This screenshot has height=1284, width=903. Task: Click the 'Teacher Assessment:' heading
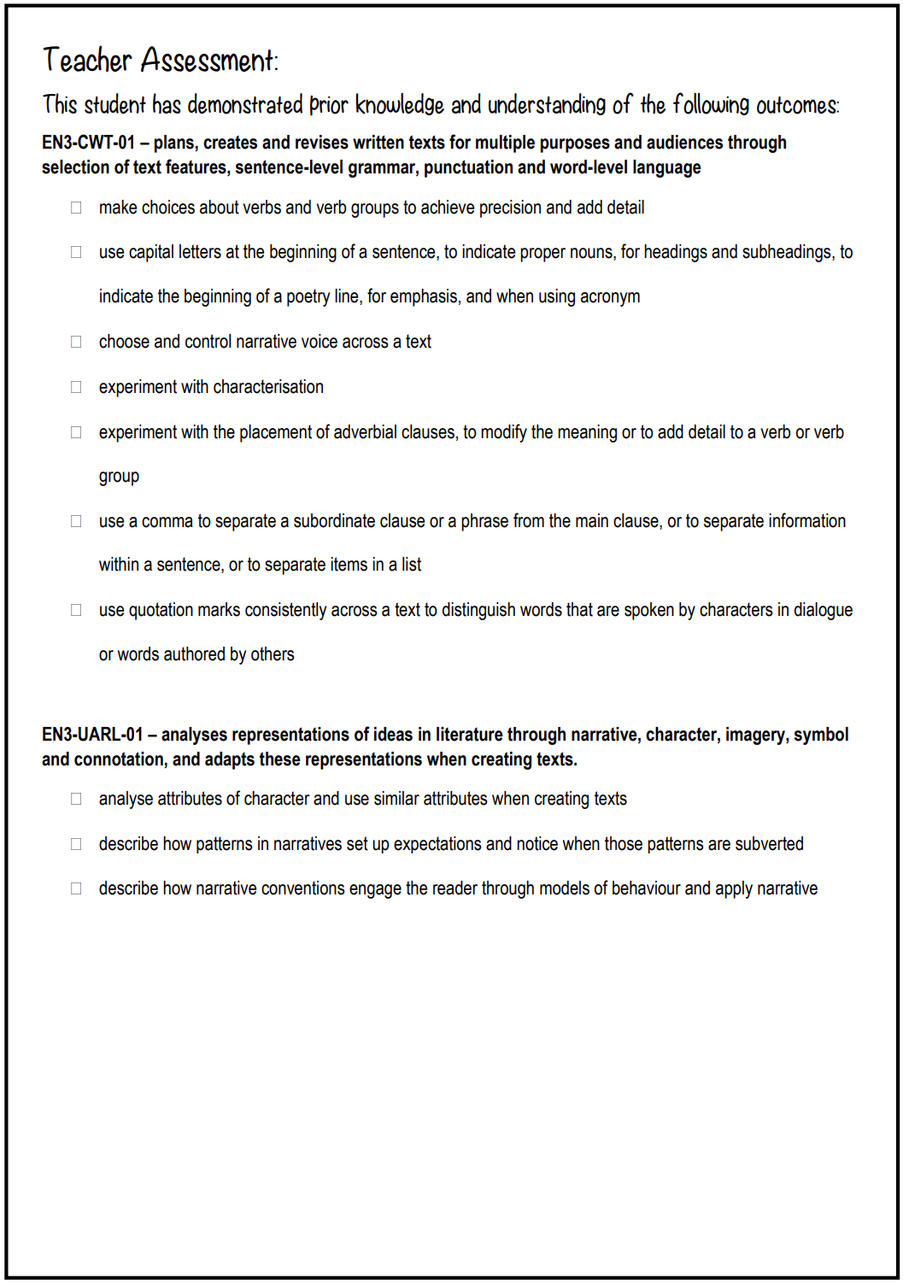click(x=161, y=61)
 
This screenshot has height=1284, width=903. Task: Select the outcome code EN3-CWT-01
click(x=89, y=143)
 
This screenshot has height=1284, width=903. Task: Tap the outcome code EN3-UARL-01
click(x=92, y=735)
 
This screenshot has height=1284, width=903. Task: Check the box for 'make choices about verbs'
click(x=76, y=208)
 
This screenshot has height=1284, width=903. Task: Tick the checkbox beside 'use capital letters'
click(x=76, y=252)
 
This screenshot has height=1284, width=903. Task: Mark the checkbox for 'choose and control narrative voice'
click(x=76, y=342)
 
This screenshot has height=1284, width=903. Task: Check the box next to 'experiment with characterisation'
click(x=76, y=387)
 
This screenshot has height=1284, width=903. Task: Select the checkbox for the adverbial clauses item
click(x=76, y=432)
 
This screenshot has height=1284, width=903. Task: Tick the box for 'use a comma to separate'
click(x=76, y=521)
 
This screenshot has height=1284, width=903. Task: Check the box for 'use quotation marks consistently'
click(x=76, y=610)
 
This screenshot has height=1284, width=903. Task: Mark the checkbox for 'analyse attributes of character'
click(x=76, y=799)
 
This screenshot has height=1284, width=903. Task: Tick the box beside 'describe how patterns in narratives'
click(x=76, y=844)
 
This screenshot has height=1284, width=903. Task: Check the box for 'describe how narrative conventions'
click(x=76, y=888)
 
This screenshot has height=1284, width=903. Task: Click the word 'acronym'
click(x=610, y=296)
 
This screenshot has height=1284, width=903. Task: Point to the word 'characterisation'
click(x=268, y=387)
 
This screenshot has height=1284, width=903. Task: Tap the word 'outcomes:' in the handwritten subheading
click(x=798, y=106)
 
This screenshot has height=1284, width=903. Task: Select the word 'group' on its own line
click(x=119, y=477)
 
